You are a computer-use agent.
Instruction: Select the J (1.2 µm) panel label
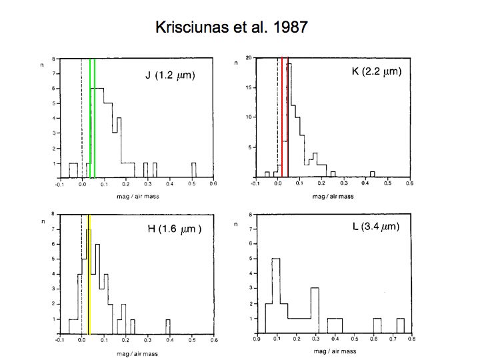170,75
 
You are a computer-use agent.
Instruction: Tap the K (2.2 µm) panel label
377,71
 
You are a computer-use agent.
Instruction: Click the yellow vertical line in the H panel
89,273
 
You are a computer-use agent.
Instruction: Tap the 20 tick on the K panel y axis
247,58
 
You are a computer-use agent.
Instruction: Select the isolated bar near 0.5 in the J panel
193,170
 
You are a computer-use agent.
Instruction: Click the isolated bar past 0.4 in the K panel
372,174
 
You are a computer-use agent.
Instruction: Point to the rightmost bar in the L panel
401,325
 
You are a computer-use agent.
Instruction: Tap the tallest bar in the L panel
275,295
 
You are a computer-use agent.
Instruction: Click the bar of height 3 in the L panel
315,310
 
